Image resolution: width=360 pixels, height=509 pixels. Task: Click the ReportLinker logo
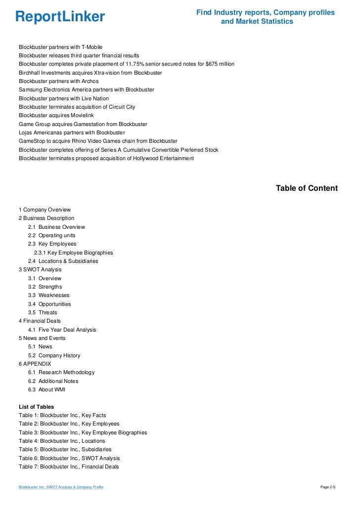click(60, 17)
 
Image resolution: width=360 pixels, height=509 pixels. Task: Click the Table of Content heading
click(307, 188)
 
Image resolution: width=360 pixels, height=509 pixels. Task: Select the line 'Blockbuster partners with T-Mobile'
click(60, 47)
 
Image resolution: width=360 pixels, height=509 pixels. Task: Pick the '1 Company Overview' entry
click(45, 210)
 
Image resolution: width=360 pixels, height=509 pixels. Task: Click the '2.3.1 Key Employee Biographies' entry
click(73, 253)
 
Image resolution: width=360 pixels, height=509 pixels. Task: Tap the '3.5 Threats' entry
click(43, 312)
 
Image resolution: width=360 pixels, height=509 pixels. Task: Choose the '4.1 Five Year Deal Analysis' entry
click(62, 330)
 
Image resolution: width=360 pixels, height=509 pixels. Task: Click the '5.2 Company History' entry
click(54, 355)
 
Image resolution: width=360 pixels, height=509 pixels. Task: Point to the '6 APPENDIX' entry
click(35, 364)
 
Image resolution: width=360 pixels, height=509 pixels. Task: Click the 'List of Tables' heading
click(36, 407)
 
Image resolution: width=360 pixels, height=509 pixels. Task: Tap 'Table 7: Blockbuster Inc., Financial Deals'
click(69, 467)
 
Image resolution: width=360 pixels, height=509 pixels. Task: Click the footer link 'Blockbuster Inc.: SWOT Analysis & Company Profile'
click(61, 487)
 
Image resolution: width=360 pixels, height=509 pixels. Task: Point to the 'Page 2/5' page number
click(328, 487)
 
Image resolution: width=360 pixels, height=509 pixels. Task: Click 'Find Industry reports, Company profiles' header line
click(266, 12)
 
